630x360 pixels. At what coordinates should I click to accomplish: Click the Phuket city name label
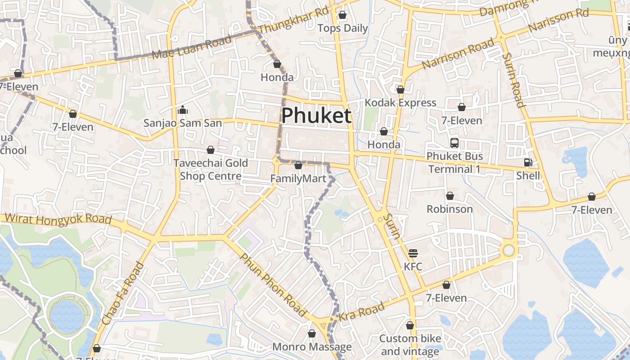(316, 116)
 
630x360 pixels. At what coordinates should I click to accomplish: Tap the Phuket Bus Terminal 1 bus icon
(454, 144)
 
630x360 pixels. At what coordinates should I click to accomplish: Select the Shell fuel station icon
(528, 162)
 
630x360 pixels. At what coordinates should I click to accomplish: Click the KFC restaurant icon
(413, 253)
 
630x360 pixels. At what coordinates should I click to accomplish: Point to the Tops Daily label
(342, 28)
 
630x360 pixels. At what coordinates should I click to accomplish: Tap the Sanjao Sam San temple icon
(182, 110)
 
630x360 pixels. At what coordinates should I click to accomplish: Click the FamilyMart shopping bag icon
(298, 166)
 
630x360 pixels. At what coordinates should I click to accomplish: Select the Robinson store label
(450, 209)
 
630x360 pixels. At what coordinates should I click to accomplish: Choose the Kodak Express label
(400, 103)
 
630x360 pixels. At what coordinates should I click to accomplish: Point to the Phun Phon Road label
(274, 284)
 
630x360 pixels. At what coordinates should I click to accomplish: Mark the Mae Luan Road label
(192, 48)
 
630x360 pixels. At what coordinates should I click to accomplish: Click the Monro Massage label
(312, 347)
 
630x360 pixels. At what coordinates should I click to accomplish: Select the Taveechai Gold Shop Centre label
(211, 169)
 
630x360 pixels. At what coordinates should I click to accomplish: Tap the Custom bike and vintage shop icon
(410, 325)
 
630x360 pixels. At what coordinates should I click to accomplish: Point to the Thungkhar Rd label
(293, 21)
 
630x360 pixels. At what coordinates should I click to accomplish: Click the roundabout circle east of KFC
(508, 250)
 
